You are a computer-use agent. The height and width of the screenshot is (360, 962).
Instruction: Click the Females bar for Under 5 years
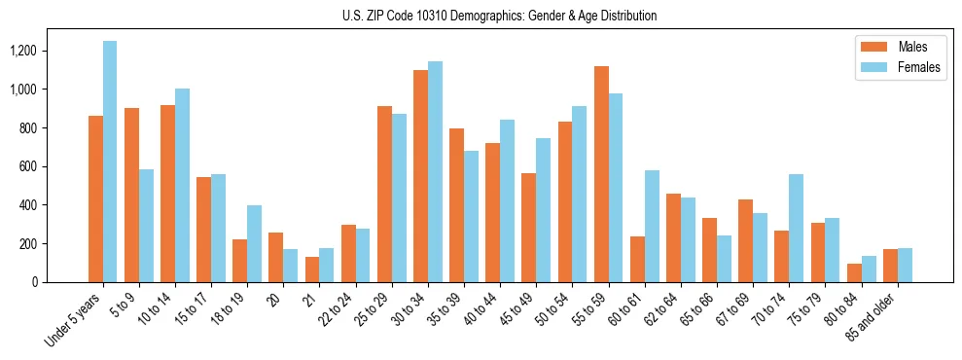click(110, 162)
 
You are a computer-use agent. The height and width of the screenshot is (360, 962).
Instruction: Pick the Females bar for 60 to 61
click(652, 226)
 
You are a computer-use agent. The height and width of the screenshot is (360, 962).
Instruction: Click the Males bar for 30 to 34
click(420, 176)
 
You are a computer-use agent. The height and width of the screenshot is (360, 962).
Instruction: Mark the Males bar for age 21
click(312, 270)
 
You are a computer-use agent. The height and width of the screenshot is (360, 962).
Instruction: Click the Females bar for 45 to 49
click(544, 210)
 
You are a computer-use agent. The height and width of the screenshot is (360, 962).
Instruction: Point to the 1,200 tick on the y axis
click(52, 51)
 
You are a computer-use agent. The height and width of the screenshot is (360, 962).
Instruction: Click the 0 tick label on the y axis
click(62, 282)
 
